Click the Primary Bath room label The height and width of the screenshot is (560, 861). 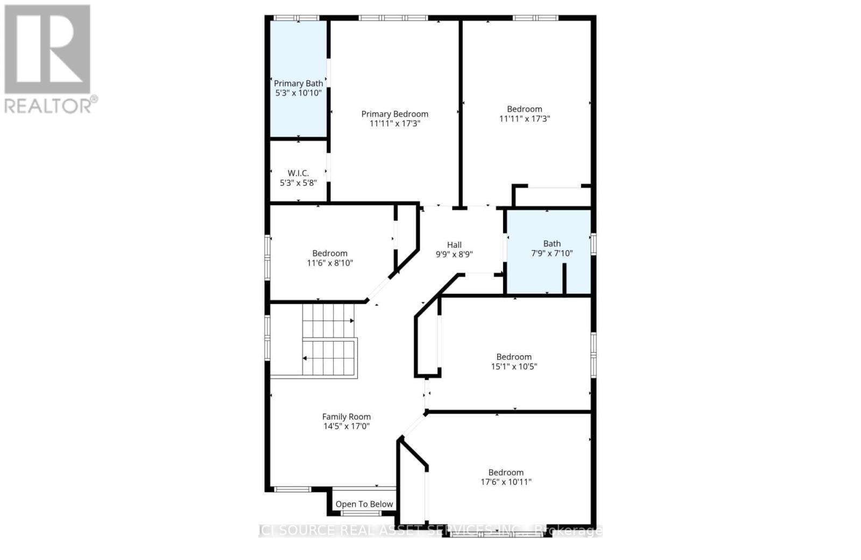[299, 83]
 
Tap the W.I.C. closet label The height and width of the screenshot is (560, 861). [298, 173]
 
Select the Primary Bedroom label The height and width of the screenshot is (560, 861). [394, 114]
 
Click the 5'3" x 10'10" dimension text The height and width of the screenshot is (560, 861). [299, 93]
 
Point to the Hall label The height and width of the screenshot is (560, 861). [454, 244]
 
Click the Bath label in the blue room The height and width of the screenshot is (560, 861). [552, 243]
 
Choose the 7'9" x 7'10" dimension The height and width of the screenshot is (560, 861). [552, 253]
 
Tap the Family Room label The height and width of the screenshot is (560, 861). [346, 416]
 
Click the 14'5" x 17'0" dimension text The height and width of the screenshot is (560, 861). [346, 426]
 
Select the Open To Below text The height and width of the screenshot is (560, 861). [364, 504]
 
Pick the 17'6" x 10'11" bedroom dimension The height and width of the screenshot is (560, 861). [506, 482]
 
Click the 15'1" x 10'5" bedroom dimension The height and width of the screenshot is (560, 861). [514, 366]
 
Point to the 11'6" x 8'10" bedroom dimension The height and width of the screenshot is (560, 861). [330, 263]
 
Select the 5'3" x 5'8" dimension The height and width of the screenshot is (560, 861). [298, 183]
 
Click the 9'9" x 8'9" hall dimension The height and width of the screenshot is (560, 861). [454, 254]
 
